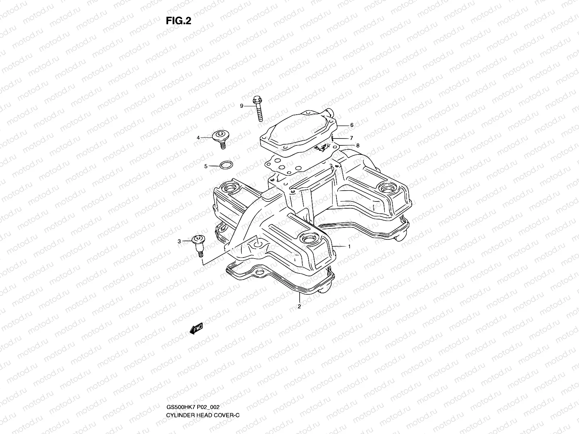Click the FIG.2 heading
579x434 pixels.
pyautogui.click(x=178, y=21)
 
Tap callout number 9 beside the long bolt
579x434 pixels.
pyautogui.click(x=242, y=106)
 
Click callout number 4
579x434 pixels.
pyautogui.click(x=198, y=137)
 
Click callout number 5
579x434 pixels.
pyautogui.click(x=206, y=166)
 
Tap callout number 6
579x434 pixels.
pyautogui.click(x=351, y=125)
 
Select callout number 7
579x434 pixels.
pyautogui.click(x=351, y=138)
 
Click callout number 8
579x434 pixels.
pyautogui.click(x=358, y=145)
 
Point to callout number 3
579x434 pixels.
pyautogui.click(x=179, y=241)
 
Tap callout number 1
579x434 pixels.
pyautogui.click(x=349, y=246)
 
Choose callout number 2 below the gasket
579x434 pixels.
pyautogui.click(x=299, y=307)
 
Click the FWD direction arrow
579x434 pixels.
pyautogui.click(x=196, y=328)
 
